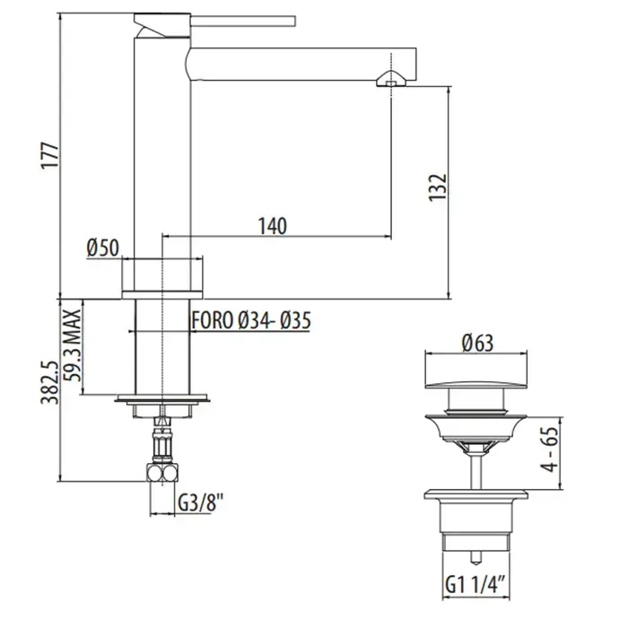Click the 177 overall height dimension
(x=51, y=156)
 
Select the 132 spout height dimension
(x=438, y=188)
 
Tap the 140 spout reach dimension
(x=273, y=226)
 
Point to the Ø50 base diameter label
(x=103, y=249)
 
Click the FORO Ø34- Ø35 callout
(x=251, y=321)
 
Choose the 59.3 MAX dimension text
(x=74, y=346)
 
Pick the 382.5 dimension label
(x=51, y=382)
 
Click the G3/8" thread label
(x=200, y=503)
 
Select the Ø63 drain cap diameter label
(x=477, y=344)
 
